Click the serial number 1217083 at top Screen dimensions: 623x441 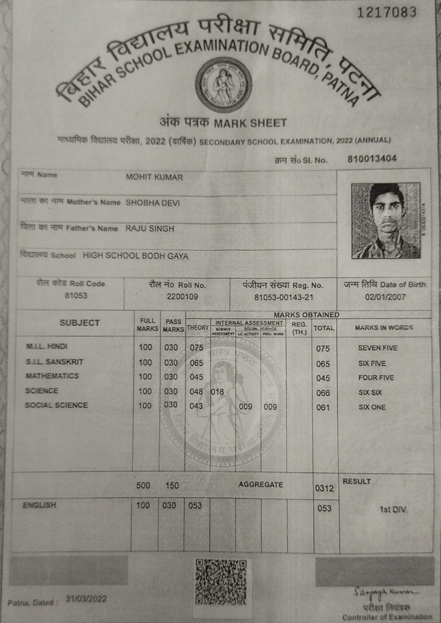click(x=387, y=12)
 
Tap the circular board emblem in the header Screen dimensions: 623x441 click(x=221, y=86)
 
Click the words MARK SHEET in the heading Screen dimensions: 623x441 click(x=250, y=123)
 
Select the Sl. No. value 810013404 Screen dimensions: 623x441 click(x=372, y=159)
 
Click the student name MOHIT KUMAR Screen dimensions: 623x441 click(x=154, y=178)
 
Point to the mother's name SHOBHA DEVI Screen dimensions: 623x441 click(x=153, y=203)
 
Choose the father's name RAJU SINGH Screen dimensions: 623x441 click(x=149, y=229)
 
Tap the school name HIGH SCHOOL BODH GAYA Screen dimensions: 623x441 click(x=135, y=256)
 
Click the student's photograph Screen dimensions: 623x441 click(x=385, y=220)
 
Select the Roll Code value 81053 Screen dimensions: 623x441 click(x=76, y=296)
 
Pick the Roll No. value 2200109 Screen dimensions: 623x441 click(x=182, y=297)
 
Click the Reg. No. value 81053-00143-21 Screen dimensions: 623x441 click(x=283, y=297)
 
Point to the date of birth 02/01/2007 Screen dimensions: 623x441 click(x=385, y=297)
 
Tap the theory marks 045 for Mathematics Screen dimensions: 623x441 click(x=197, y=377)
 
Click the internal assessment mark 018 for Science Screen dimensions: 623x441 click(x=218, y=392)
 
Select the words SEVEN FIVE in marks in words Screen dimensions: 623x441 click(x=377, y=348)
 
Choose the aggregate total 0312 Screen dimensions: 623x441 click(x=324, y=488)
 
